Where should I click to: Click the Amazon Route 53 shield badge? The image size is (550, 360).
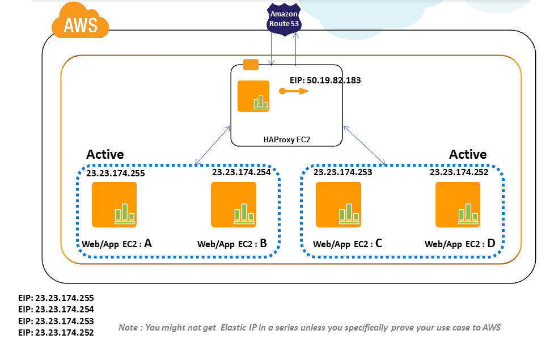click(x=284, y=19)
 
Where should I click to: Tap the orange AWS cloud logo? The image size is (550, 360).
click(x=81, y=22)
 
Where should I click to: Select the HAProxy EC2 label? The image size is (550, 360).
click(x=286, y=139)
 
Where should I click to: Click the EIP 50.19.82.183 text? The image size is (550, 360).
click(x=325, y=81)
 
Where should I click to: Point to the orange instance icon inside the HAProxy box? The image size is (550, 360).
click(x=253, y=96)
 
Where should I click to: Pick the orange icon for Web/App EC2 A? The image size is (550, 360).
click(x=114, y=205)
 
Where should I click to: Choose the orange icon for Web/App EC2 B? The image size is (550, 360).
click(x=234, y=205)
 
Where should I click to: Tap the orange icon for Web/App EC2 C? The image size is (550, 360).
click(x=339, y=205)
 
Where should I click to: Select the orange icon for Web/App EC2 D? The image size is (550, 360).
click(x=458, y=205)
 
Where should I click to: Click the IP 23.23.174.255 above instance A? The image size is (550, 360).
click(x=116, y=173)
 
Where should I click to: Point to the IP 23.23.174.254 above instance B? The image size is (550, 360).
click(x=242, y=172)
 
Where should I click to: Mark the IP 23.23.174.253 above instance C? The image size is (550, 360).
click(x=342, y=172)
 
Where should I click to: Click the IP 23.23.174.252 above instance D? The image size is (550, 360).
click(x=459, y=172)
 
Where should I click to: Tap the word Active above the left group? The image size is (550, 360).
click(x=105, y=154)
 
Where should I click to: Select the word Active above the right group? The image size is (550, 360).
click(x=468, y=154)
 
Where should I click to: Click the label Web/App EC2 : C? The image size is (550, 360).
click(x=348, y=244)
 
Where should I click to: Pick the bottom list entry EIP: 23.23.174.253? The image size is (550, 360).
click(x=56, y=321)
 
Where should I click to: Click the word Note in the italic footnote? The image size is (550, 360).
click(x=128, y=327)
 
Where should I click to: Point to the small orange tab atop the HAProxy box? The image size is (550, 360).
click(x=251, y=65)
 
